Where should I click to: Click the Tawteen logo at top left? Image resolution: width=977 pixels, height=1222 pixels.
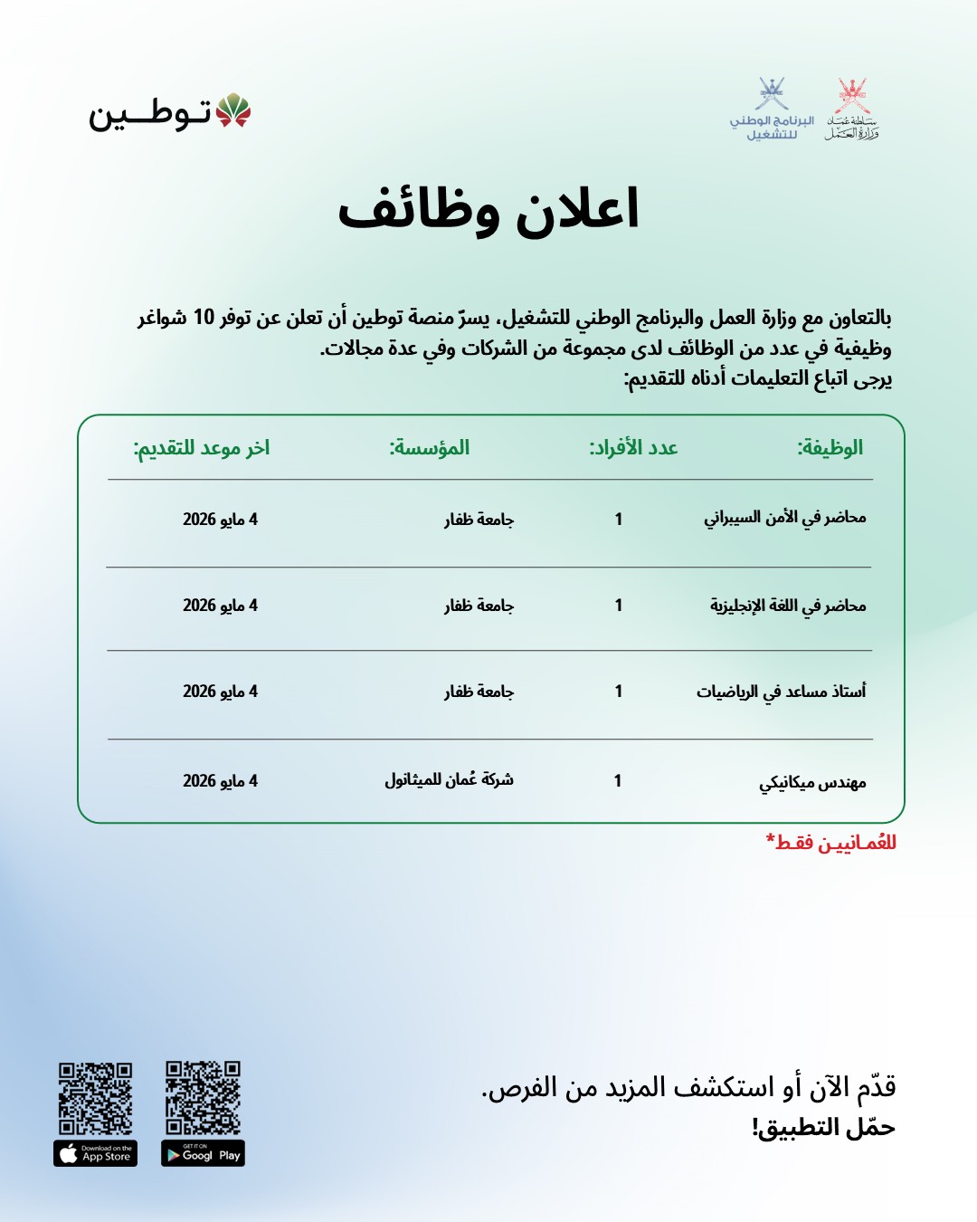click(169, 113)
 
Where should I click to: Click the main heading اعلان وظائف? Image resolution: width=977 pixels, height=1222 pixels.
click(488, 210)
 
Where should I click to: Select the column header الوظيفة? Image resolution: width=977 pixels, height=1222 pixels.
click(830, 448)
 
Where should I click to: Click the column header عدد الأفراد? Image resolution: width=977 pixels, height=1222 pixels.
click(633, 448)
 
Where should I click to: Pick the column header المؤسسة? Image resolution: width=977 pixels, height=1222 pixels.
click(430, 448)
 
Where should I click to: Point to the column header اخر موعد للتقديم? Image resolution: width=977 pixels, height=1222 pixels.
click(202, 448)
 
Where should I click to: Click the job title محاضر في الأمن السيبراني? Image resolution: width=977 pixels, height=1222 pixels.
click(785, 518)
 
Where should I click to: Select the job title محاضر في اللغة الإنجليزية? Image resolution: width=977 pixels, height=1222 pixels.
click(788, 606)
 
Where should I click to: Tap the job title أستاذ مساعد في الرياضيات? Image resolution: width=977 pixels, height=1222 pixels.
click(781, 692)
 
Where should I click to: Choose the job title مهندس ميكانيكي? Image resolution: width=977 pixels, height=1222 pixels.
click(812, 782)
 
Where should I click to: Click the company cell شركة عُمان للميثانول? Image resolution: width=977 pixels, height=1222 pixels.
click(449, 779)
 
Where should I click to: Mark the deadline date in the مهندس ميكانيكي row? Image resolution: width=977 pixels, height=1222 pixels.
click(220, 780)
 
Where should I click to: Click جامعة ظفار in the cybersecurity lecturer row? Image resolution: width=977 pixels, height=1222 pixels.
click(479, 520)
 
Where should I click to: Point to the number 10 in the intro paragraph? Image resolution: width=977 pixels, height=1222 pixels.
click(204, 317)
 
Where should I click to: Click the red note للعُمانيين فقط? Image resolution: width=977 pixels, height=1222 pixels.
click(831, 843)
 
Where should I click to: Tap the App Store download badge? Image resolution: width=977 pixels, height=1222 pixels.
click(95, 1154)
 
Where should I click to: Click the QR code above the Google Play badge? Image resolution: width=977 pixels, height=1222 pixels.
click(203, 1097)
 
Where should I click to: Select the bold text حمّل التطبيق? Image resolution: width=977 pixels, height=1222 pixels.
click(823, 1128)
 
